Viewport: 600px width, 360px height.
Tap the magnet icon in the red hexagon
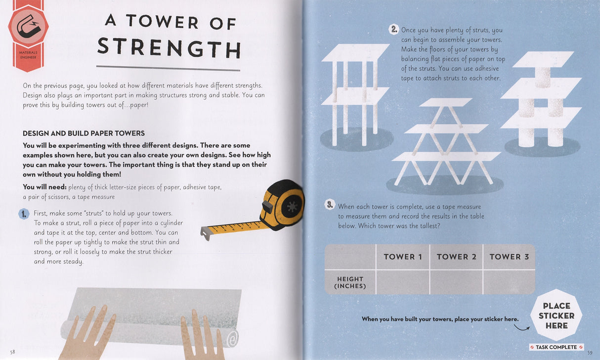click(x=28, y=28)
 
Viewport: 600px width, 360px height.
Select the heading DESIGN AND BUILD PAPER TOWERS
click(x=84, y=134)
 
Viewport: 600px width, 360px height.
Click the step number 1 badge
click(x=24, y=214)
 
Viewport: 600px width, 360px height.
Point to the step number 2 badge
click(x=393, y=30)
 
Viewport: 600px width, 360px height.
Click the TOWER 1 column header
click(x=403, y=257)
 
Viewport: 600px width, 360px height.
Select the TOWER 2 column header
click(x=456, y=257)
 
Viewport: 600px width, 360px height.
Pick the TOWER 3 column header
click(x=509, y=257)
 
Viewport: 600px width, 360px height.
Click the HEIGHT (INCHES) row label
click(x=350, y=282)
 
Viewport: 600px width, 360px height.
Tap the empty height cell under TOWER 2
click(x=456, y=282)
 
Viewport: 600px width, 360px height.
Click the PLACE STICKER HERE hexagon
click(x=557, y=315)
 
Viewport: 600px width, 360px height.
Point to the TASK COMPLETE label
click(x=556, y=347)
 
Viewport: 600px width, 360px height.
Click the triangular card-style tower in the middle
click(x=445, y=143)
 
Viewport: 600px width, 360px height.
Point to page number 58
click(x=12, y=352)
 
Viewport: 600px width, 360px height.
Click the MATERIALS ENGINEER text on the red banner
click(x=28, y=55)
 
